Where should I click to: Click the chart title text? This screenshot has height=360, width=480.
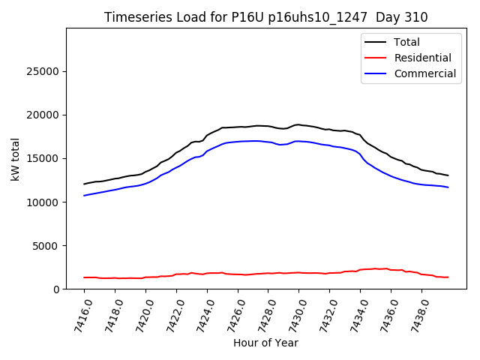[266, 17]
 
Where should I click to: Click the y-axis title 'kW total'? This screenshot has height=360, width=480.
[16, 159]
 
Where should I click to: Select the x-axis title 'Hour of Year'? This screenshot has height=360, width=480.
[266, 343]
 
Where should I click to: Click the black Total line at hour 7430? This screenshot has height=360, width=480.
[298, 124]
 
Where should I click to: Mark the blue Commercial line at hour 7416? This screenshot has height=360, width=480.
[85, 196]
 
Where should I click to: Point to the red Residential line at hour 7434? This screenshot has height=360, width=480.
[360, 270]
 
